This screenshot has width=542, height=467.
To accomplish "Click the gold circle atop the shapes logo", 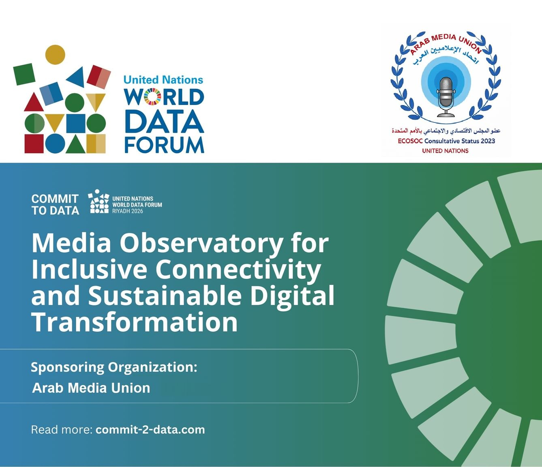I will [55, 54].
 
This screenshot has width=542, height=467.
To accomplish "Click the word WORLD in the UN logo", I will [164, 97].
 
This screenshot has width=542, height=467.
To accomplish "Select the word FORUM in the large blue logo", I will [164, 145].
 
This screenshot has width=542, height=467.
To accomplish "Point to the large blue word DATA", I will [164, 122].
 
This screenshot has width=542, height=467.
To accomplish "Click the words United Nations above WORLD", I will [163, 80].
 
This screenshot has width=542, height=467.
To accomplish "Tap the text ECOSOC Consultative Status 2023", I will [446, 141].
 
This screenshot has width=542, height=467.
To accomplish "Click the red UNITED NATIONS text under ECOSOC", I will [445, 151].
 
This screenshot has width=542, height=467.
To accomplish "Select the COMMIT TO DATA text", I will [55, 204].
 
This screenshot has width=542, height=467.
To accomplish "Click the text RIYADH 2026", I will [128, 211].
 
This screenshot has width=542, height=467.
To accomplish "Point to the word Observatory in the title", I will [201, 243].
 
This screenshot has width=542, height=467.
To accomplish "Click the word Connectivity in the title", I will [238, 270].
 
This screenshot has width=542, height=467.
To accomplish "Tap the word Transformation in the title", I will [135, 322].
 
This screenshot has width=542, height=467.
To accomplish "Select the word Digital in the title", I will [292, 296].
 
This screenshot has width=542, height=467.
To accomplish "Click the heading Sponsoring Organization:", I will [114, 367].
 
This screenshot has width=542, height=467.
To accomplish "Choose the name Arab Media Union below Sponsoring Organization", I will [91, 388].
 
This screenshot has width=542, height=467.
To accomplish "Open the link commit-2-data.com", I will [150, 430].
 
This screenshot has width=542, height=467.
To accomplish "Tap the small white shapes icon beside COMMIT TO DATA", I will [99, 201].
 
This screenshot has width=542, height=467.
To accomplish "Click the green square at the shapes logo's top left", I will [24, 74].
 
